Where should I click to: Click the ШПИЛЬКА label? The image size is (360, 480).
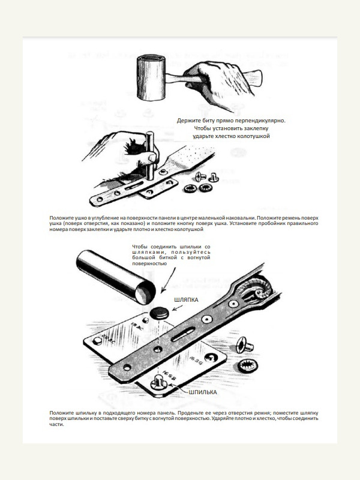tap(202, 392)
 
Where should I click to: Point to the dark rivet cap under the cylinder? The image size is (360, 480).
tap(160, 313)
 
